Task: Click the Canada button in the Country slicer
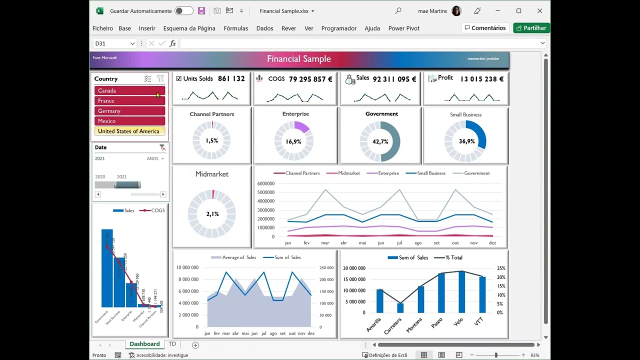pyautogui.click(x=129, y=90)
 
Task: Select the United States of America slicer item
pyautogui.click(x=129, y=131)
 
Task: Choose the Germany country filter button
pyautogui.click(x=129, y=111)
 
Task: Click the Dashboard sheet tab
pyautogui.click(x=144, y=344)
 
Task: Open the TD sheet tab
pyautogui.click(x=172, y=344)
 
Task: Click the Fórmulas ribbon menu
pyautogui.click(x=235, y=28)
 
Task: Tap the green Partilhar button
pyautogui.click(x=531, y=28)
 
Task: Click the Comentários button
pyautogui.click(x=485, y=28)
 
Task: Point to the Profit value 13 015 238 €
pyautogui.click(x=481, y=79)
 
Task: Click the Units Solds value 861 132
pyautogui.click(x=231, y=78)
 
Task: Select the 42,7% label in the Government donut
pyautogui.click(x=380, y=141)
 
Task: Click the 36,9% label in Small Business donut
pyautogui.click(x=466, y=141)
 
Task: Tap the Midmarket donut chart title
pyautogui.click(x=211, y=174)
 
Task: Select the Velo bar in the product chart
pyautogui.click(x=461, y=292)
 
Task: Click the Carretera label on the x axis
pyautogui.click(x=393, y=325)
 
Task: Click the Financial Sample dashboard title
pyautogui.click(x=298, y=59)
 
